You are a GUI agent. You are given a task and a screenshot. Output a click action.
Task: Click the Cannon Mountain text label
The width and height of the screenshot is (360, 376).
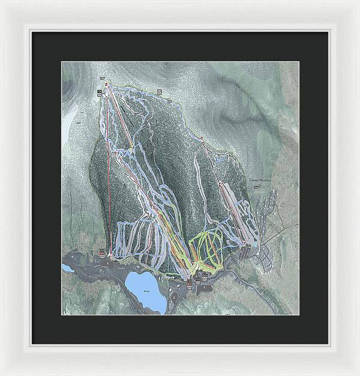(260, 180)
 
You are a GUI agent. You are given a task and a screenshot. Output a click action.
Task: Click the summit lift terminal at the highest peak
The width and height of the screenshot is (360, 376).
(107, 85)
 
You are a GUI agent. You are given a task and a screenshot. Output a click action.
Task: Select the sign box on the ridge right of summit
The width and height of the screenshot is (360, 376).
(160, 91)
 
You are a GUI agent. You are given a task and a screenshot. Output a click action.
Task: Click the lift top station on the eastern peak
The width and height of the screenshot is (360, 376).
(203, 139)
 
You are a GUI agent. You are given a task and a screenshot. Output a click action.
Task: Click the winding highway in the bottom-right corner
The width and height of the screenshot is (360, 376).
(273, 297)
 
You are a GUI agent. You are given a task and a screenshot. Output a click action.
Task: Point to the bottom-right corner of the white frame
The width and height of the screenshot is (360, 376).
(356, 372)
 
